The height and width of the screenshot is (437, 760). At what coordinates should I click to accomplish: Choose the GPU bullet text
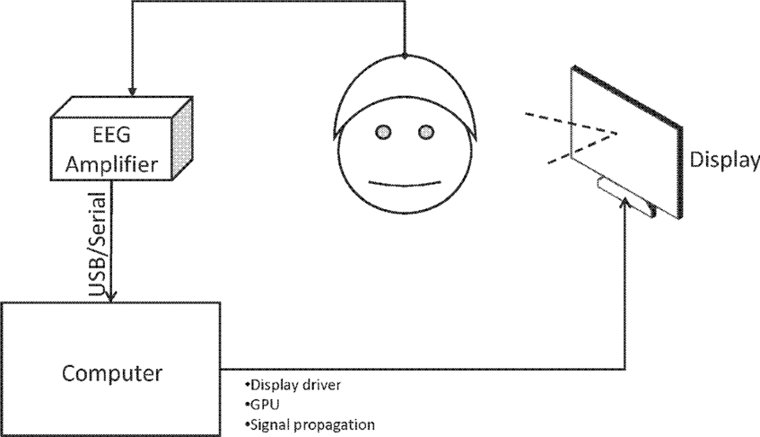click(260, 405)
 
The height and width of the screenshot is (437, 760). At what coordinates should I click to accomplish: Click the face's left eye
click(383, 133)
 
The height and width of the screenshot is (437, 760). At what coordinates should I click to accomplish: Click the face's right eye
click(425, 133)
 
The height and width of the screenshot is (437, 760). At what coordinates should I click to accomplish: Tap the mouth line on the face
click(405, 185)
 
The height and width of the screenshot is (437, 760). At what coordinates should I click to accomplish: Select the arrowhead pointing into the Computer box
click(111, 295)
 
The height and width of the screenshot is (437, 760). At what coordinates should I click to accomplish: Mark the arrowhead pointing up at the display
click(624, 207)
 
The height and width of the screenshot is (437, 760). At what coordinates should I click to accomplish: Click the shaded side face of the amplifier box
click(182, 140)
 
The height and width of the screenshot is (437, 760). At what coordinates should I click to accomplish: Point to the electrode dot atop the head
click(406, 56)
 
